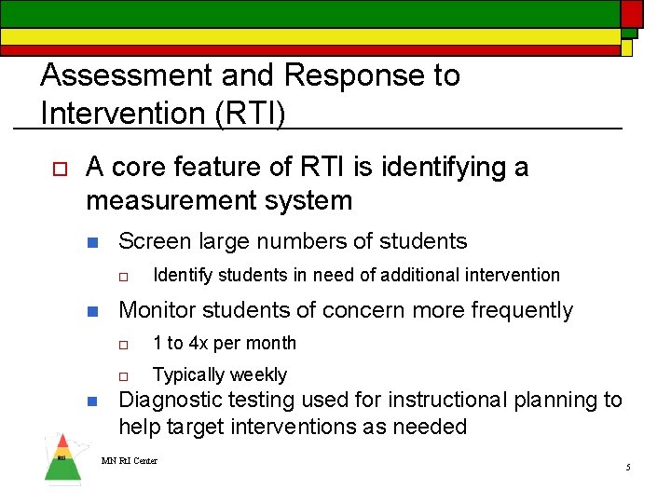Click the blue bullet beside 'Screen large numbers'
tap(92, 242)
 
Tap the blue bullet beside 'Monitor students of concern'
tap(92, 311)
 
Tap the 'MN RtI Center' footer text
tap(130, 460)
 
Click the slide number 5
tap(628, 467)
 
